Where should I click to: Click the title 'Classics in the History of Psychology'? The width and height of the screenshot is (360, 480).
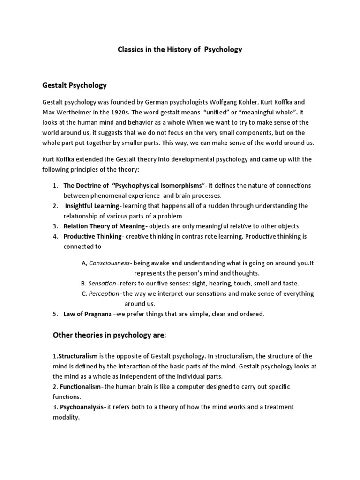pos(180,49)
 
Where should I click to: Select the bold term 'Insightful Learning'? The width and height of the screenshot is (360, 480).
pos(92,206)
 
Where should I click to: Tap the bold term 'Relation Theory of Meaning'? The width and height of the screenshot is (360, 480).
pos(104,226)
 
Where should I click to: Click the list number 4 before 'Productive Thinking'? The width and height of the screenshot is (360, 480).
pos(55,236)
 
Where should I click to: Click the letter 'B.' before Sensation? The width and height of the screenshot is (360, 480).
pos(83,284)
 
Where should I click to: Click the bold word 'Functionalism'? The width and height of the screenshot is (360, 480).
pos(80,387)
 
